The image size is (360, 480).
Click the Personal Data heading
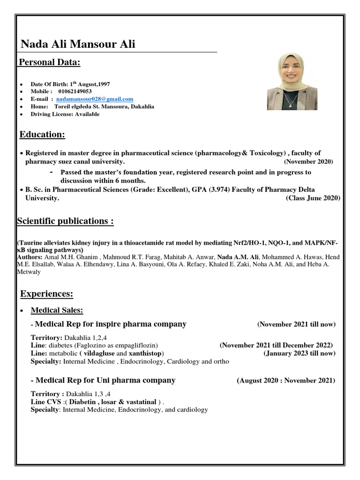click(x=49, y=63)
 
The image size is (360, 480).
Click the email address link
click(x=94, y=99)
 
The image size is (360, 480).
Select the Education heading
click(x=42, y=135)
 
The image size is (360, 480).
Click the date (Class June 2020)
click(x=313, y=198)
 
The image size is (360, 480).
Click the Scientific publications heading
click(x=65, y=221)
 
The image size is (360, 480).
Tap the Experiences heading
click(x=47, y=294)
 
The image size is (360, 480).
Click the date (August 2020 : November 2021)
click(x=286, y=381)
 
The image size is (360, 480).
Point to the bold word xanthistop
click(x=145, y=353)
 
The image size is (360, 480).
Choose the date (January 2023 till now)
click(x=299, y=353)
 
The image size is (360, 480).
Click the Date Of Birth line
click(x=70, y=84)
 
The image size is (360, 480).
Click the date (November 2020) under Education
click(x=308, y=162)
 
